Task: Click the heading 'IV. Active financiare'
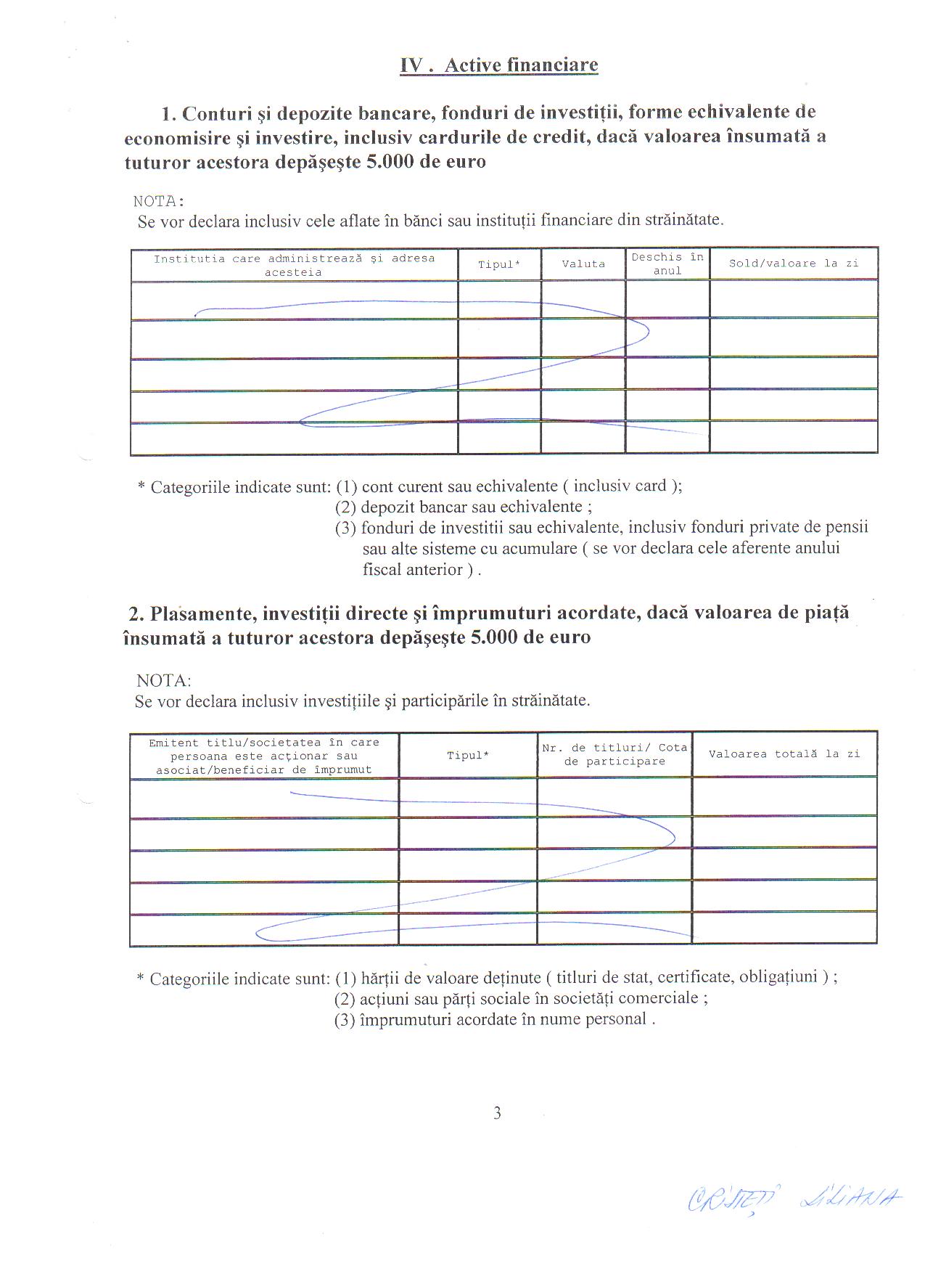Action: coord(499,65)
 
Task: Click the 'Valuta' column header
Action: coord(583,264)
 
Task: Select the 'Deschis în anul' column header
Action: coord(667,264)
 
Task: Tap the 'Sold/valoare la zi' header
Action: coord(794,264)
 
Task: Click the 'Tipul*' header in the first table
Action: coord(499,265)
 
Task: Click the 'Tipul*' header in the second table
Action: coord(468,756)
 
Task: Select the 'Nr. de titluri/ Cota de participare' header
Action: coord(614,755)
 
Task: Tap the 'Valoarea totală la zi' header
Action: coord(784,754)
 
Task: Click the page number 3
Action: coord(497,1113)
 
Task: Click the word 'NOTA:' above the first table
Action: coord(159,201)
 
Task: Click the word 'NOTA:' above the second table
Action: coord(164,681)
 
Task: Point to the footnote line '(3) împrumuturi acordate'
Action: coord(495,1019)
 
